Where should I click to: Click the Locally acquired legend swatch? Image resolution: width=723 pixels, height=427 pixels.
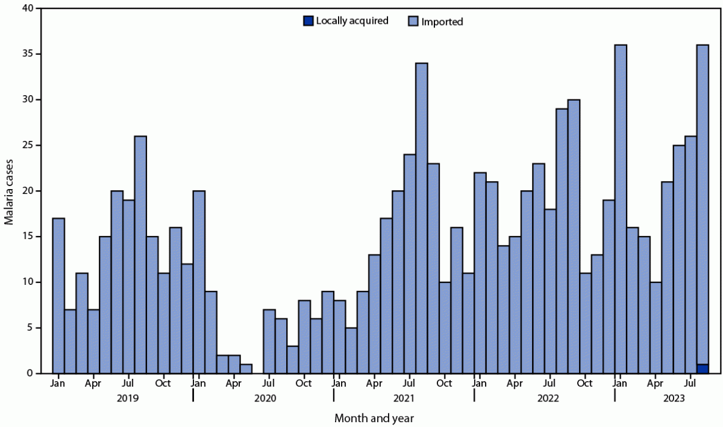click(x=308, y=21)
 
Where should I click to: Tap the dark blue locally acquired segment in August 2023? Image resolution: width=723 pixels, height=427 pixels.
click(x=702, y=368)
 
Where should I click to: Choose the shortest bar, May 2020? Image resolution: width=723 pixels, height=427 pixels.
click(x=246, y=368)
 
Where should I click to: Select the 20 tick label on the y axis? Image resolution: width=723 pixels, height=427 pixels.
click(x=27, y=191)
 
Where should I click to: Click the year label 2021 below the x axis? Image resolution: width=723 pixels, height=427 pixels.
click(x=403, y=398)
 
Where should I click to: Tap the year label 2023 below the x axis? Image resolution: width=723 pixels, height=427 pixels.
click(x=666, y=398)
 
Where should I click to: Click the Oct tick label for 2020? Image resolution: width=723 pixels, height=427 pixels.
click(x=304, y=384)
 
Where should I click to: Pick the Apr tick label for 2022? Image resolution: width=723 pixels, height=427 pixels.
click(x=515, y=384)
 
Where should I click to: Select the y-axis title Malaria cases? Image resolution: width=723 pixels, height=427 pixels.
click(x=10, y=191)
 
